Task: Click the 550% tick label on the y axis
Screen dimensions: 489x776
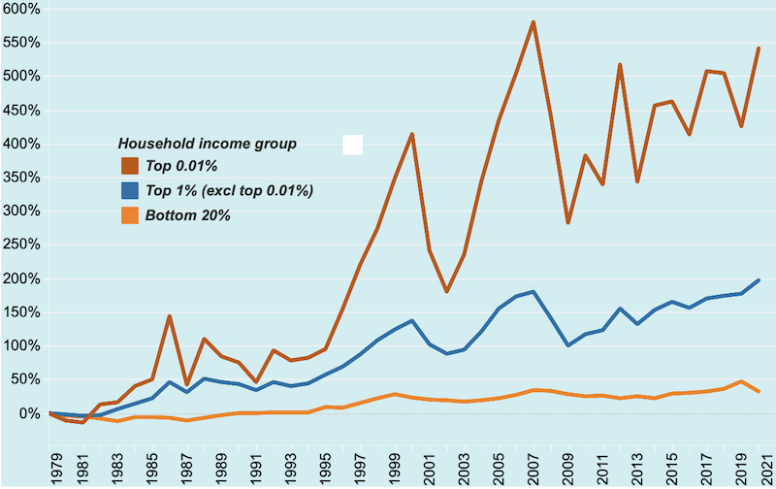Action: [20, 43]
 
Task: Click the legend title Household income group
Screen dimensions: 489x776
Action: [207, 144]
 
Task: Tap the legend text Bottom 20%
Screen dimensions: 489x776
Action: [188, 214]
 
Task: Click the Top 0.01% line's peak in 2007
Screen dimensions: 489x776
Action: [533, 22]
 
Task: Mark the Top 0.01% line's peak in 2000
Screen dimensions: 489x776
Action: [412, 134]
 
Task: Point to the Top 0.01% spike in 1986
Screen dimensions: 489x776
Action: [170, 315]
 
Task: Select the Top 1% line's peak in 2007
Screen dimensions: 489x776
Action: [533, 291]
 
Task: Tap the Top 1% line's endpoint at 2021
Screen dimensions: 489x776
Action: [759, 279]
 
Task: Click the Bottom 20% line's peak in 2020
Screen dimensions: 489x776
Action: [741, 381]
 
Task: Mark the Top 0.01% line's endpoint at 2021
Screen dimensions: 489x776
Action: [759, 49]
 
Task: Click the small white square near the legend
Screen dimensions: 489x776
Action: [353, 145]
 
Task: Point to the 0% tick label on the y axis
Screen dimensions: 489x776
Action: [27, 413]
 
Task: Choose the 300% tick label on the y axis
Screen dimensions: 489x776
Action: [20, 211]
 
